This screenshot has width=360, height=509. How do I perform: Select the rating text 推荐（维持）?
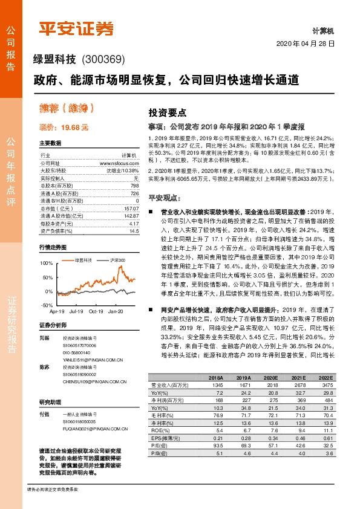click(x=67, y=109)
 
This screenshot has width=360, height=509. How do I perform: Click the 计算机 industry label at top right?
click(x=323, y=30)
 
